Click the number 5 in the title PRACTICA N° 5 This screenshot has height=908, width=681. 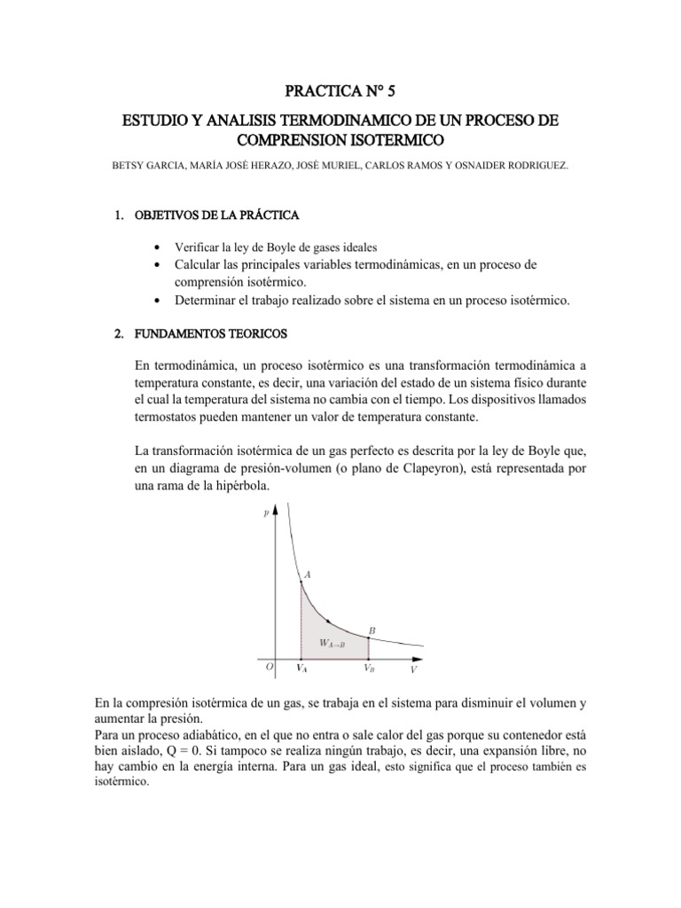407,90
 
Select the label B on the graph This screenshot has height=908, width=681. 372,630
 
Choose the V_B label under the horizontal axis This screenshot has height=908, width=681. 368,669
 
